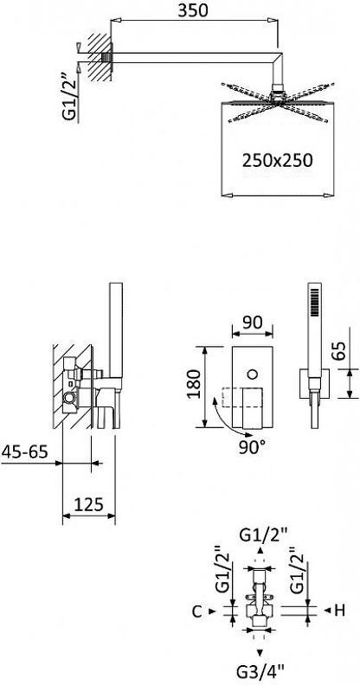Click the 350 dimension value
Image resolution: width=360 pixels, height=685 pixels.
pyautogui.click(x=193, y=10)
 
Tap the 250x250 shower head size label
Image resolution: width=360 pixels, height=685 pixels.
pyautogui.click(x=278, y=161)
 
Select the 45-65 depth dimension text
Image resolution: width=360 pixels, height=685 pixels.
pyautogui.click(x=24, y=451)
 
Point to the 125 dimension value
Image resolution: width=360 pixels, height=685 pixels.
pyautogui.click(x=88, y=504)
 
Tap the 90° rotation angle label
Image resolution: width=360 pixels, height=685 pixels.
pyautogui.click(x=253, y=447)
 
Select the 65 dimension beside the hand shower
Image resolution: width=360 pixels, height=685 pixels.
pyautogui.click(x=339, y=349)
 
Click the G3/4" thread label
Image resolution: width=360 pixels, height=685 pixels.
pyautogui.click(x=261, y=669)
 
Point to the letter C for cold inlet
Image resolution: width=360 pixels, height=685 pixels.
pyautogui.click(x=197, y=611)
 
